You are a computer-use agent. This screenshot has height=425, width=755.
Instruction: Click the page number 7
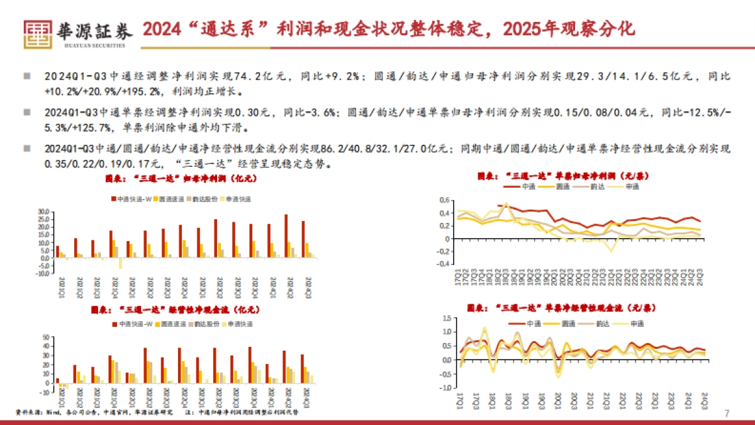(727, 414)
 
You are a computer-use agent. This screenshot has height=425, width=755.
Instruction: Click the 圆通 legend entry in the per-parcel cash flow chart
(568, 323)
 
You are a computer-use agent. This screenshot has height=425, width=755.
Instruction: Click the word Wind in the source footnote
(53, 413)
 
